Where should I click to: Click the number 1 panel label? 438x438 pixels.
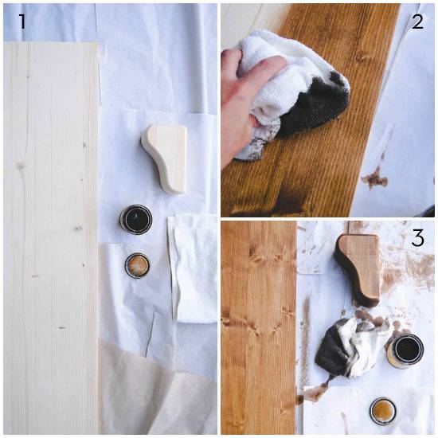22,22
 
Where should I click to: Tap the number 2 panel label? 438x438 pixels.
416,22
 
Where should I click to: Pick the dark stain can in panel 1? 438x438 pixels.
135,219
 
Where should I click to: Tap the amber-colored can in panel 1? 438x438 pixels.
137,264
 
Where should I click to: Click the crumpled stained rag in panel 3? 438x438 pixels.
350,346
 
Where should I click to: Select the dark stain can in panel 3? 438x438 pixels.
405,350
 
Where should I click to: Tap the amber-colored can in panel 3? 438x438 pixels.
384,411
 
